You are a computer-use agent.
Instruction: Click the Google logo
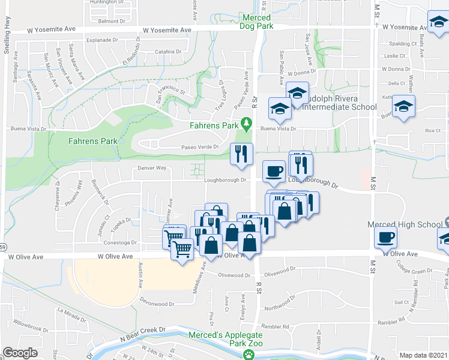click(20, 353)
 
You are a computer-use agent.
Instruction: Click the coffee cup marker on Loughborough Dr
click(274, 171)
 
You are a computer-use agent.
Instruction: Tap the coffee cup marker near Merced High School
click(385, 237)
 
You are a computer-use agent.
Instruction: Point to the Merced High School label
click(405, 225)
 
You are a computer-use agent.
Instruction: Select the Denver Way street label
click(151, 169)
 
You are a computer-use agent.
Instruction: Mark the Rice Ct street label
click(433, 130)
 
